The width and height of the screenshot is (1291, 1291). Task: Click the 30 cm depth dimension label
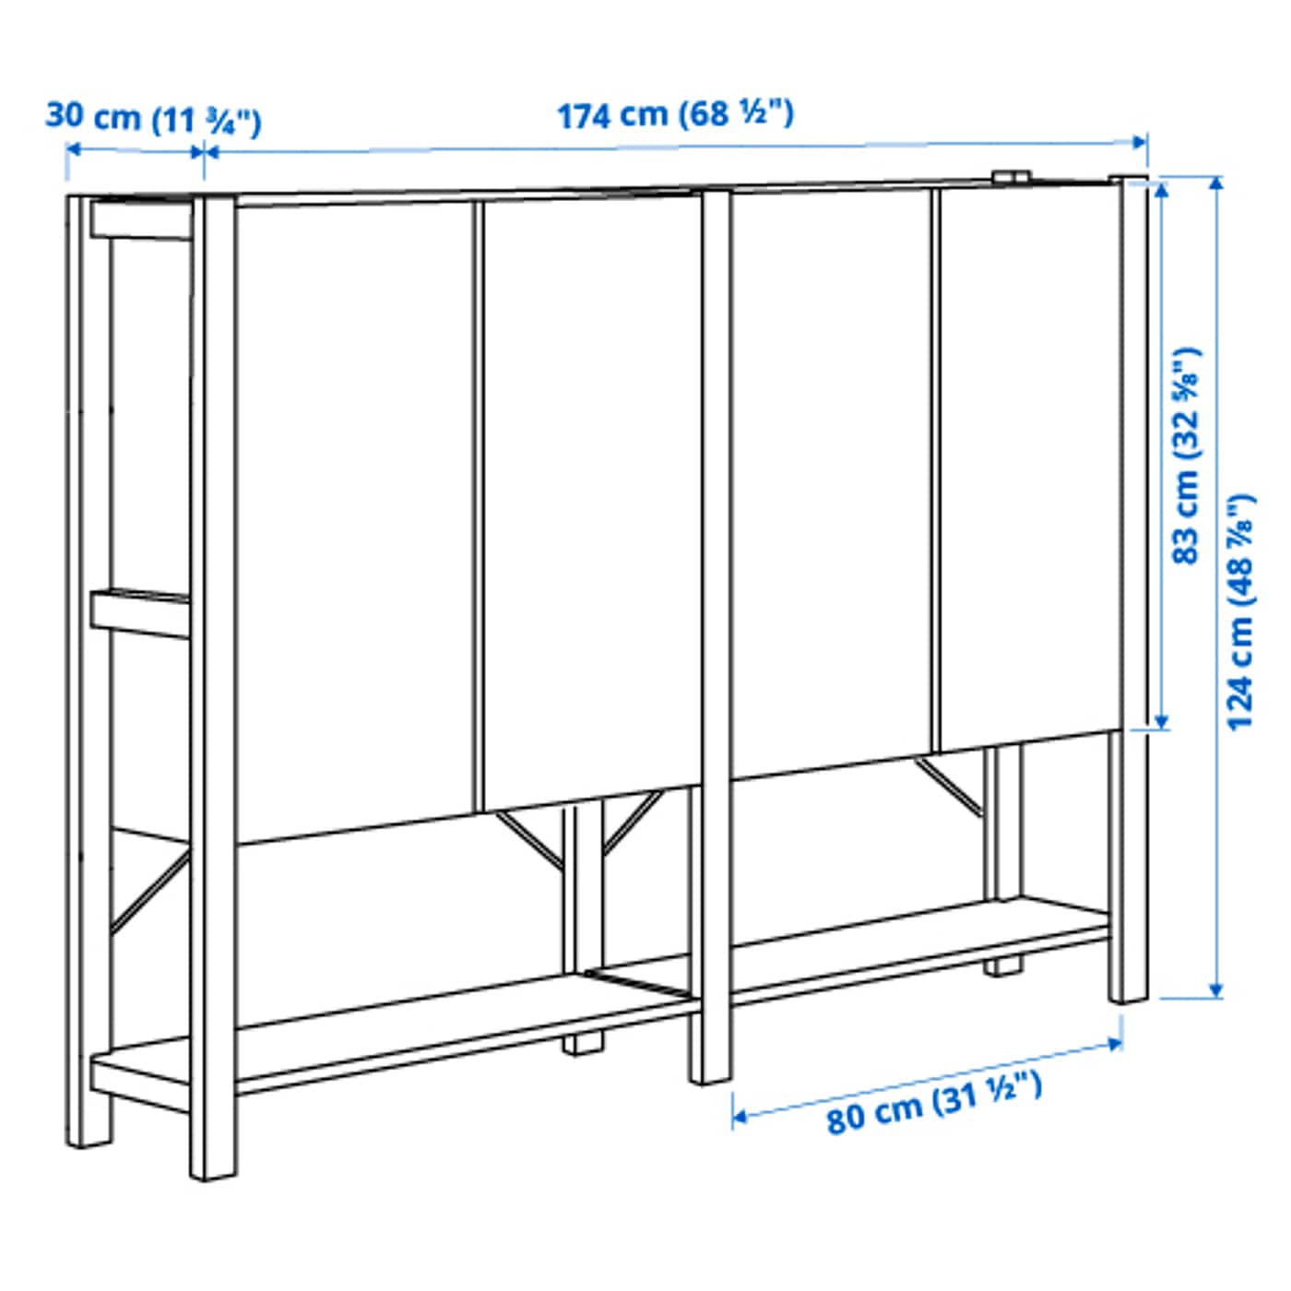click(153, 118)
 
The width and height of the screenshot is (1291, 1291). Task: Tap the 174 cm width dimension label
click(674, 115)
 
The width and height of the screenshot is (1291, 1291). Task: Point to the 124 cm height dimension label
click(1240, 611)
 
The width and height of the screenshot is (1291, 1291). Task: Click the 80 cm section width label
click(933, 1102)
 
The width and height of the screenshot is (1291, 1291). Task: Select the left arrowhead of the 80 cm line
click(739, 1117)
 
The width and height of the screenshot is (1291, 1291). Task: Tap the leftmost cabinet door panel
click(355, 516)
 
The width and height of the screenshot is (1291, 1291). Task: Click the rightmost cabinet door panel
click(1028, 461)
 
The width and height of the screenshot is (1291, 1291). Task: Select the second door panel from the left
click(590, 498)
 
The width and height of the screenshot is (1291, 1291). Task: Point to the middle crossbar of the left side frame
click(140, 612)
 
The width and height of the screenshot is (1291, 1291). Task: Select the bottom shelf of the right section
click(922, 950)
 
